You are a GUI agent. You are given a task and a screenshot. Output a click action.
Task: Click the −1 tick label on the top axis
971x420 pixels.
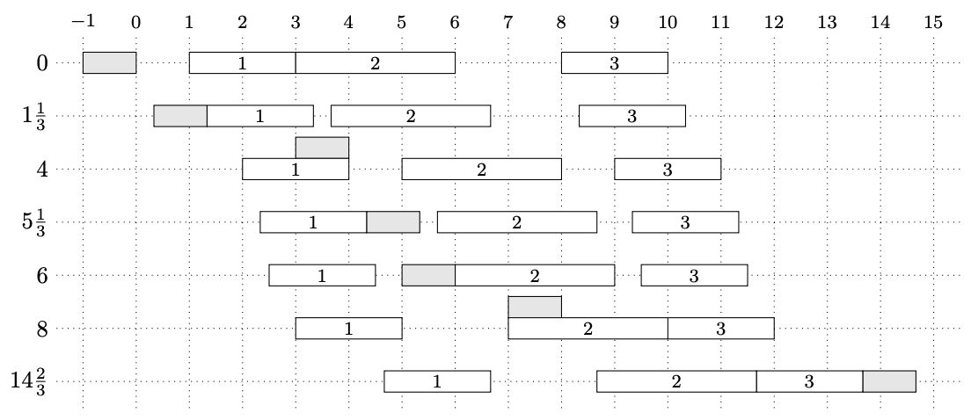pyautogui.click(x=83, y=22)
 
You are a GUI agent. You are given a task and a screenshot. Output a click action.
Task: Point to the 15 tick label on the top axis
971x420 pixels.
pyautogui.click(x=933, y=22)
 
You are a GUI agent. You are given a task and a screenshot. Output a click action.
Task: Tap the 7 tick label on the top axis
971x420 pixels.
pyautogui.click(x=507, y=22)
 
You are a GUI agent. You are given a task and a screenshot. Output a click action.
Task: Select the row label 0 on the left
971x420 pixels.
pyautogui.click(x=42, y=62)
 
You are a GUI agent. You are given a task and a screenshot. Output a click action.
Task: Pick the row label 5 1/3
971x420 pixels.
pyautogui.click(x=34, y=221)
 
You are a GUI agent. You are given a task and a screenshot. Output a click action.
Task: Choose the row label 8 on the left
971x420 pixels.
pyautogui.click(x=42, y=328)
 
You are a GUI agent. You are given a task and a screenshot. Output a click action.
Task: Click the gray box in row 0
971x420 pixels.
pyautogui.click(x=110, y=62)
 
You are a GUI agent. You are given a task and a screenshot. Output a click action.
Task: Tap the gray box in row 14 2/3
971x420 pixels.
pyautogui.click(x=889, y=381)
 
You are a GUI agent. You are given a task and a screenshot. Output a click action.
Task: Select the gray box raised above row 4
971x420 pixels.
pyautogui.click(x=322, y=148)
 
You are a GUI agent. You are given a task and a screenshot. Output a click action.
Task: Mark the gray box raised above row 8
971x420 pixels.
pyautogui.click(x=535, y=307)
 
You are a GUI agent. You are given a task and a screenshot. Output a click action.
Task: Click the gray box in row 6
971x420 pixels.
pyautogui.click(x=428, y=275)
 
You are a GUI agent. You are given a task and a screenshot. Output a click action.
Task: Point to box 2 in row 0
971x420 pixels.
pyautogui.click(x=376, y=62)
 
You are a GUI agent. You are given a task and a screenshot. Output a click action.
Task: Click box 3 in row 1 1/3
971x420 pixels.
pyautogui.click(x=632, y=116)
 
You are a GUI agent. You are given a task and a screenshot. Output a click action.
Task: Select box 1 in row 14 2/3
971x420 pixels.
pyautogui.click(x=437, y=381)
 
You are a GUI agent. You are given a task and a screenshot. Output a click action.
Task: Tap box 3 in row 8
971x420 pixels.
pyautogui.click(x=721, y=328)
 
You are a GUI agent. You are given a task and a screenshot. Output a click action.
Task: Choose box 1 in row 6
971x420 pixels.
pyautogui.click(x=322, y=275)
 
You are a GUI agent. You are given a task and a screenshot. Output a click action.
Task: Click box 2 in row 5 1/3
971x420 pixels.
pyautogui.click(x=517, y=222)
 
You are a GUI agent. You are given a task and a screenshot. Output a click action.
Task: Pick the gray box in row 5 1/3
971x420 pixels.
pyautogui.click(x=393, y=222)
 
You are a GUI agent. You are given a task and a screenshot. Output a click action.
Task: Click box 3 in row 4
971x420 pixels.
pyautogui.click(x=668, y=169)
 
